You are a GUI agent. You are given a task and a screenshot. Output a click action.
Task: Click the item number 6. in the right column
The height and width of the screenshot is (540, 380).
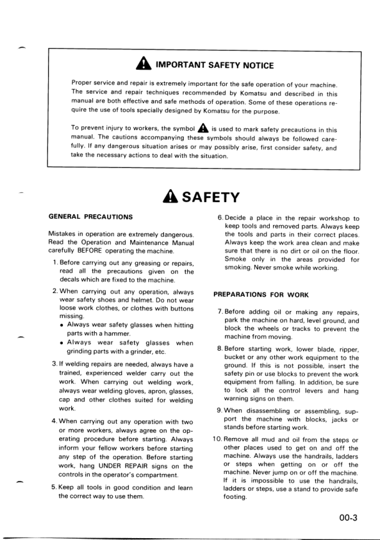(x=220, y=219)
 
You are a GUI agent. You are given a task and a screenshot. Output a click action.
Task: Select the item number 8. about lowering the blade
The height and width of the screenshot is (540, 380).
(x=219, y=349)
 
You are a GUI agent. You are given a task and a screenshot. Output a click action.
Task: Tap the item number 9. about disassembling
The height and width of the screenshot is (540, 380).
(x=219, y=411)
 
